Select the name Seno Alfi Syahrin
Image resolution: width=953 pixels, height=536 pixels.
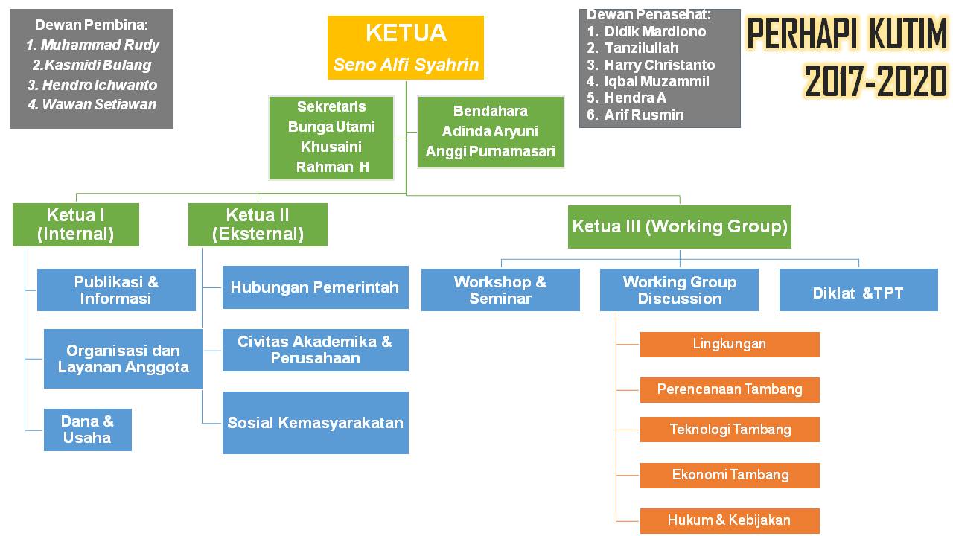pyautogui.click(x=406, y=65)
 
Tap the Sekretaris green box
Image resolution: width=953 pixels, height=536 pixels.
pyautogui.click(x=331, y=138)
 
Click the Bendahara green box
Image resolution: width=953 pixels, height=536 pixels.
pyautogui.click(x=491, y=132)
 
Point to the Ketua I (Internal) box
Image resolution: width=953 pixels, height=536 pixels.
pyautogui.click(x=76, y=225)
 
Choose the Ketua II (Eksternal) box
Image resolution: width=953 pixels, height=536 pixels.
pyautogui.click(x=258, y=225)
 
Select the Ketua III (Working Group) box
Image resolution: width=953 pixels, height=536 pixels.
pyautogui.click(x=680, y=226)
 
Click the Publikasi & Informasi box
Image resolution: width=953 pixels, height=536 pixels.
pyautogui.click(x=116, y=290)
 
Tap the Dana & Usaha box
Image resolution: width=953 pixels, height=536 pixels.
pyautogui.click(x=87, y=430)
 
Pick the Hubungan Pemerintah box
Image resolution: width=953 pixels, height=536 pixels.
pyautogui.click(x=315, y=287)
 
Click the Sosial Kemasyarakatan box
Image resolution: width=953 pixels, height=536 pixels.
pyautogui.click(x=315, y=423)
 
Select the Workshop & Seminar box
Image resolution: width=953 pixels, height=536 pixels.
pyautogui.click(x=500, y=290)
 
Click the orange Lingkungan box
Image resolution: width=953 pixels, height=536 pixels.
pyautogui.click(x=730, y=344)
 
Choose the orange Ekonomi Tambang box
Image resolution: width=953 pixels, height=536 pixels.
pyautogui.click(x=730, y=475)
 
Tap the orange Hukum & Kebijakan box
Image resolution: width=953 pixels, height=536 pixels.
pyautogui.click(x=730, y=520)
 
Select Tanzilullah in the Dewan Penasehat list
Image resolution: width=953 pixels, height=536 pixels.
pyautogui.click(x=641, y=48)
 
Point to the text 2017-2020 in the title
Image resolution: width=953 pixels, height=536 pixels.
pyautogui.click(x=876, y=81)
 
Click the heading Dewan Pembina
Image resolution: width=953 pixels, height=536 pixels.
pyautogui.click(x=92, y=25)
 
